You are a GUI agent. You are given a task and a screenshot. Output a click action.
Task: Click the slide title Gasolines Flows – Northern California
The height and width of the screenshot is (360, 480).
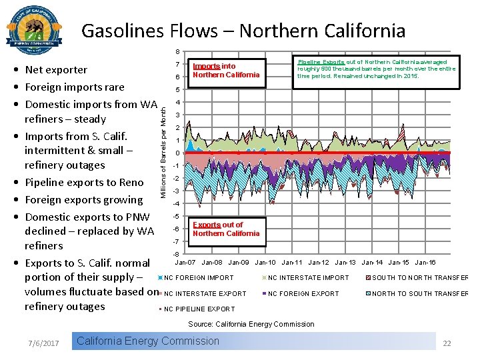click(243, 31)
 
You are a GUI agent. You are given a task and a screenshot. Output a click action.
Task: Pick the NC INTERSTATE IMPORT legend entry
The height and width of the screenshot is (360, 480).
click(308, 278)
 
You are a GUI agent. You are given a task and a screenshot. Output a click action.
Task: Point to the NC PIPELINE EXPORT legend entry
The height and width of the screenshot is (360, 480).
click(199, 309)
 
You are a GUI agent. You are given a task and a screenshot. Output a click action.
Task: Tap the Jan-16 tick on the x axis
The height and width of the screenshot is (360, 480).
click(425, 263)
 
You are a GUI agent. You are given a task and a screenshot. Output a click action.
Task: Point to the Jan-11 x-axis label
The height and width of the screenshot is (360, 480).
click(293, 263)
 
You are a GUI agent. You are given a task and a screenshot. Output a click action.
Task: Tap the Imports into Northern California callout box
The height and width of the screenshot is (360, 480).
click(225, 71)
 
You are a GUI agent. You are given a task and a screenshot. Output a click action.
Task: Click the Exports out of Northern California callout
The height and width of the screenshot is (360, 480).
click(225, 229)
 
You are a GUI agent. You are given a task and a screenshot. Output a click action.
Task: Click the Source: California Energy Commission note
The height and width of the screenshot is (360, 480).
click(251, 324)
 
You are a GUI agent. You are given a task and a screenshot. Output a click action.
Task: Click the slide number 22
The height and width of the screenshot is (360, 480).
click(447, 343)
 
